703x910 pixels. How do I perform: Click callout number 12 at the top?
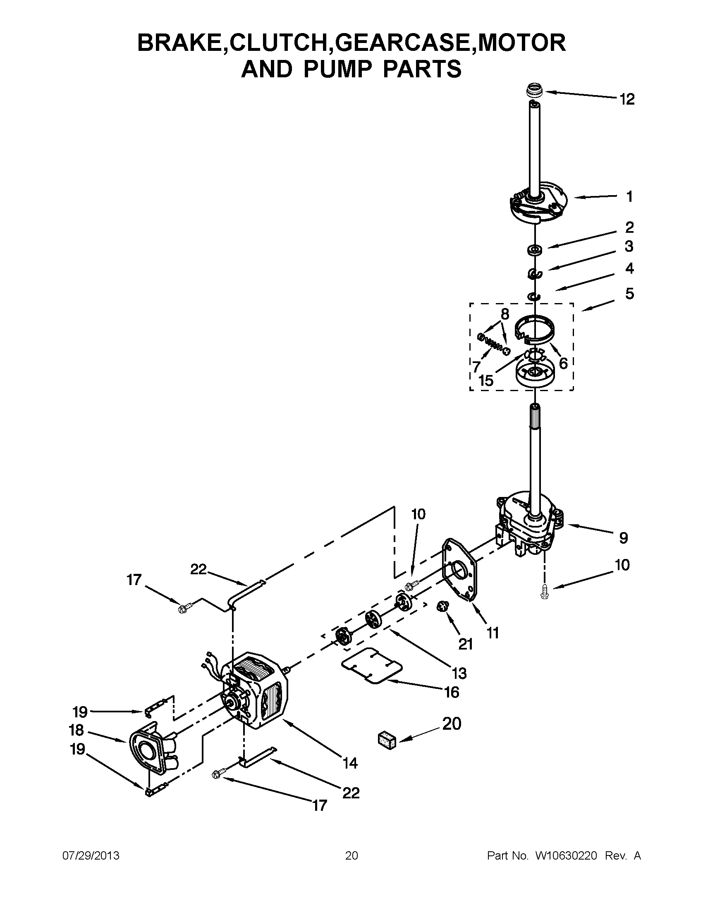pyautogui.click(x=627, y=99)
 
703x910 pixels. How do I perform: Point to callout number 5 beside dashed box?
pyautogui.click(x=629, y=294)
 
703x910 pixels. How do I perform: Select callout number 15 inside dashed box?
pyautogui.click(x=486, y=380)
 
